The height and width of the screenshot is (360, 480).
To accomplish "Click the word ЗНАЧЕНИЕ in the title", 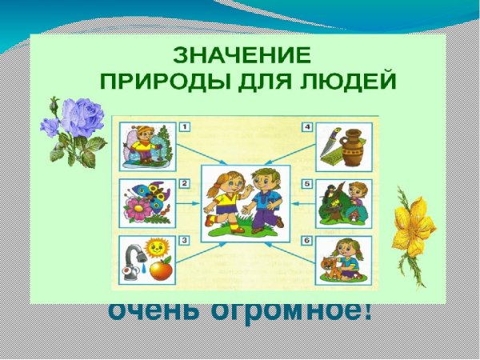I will click(239, 57).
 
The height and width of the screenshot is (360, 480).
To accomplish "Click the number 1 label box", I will click(185, 126).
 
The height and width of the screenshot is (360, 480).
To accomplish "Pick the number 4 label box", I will click(306, 126).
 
